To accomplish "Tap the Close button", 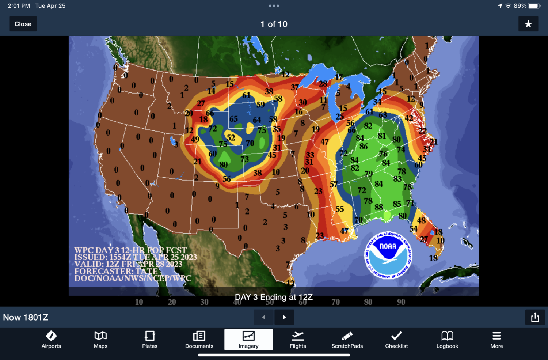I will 23,24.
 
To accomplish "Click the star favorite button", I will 528,24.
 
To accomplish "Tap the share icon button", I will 535,317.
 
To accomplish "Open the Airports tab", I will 51,340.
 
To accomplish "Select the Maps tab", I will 100,340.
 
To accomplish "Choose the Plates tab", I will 150,340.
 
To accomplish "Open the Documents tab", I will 199,340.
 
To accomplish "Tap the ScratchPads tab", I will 347,340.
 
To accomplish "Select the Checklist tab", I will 396,340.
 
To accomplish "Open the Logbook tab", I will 447,340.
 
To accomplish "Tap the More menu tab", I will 496,340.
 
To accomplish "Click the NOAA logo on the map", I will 388,255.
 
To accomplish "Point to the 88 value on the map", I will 379,207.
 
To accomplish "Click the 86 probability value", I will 364,147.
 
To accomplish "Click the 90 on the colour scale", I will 401,302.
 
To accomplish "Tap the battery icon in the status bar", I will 534,6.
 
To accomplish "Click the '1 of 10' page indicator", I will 274,24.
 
